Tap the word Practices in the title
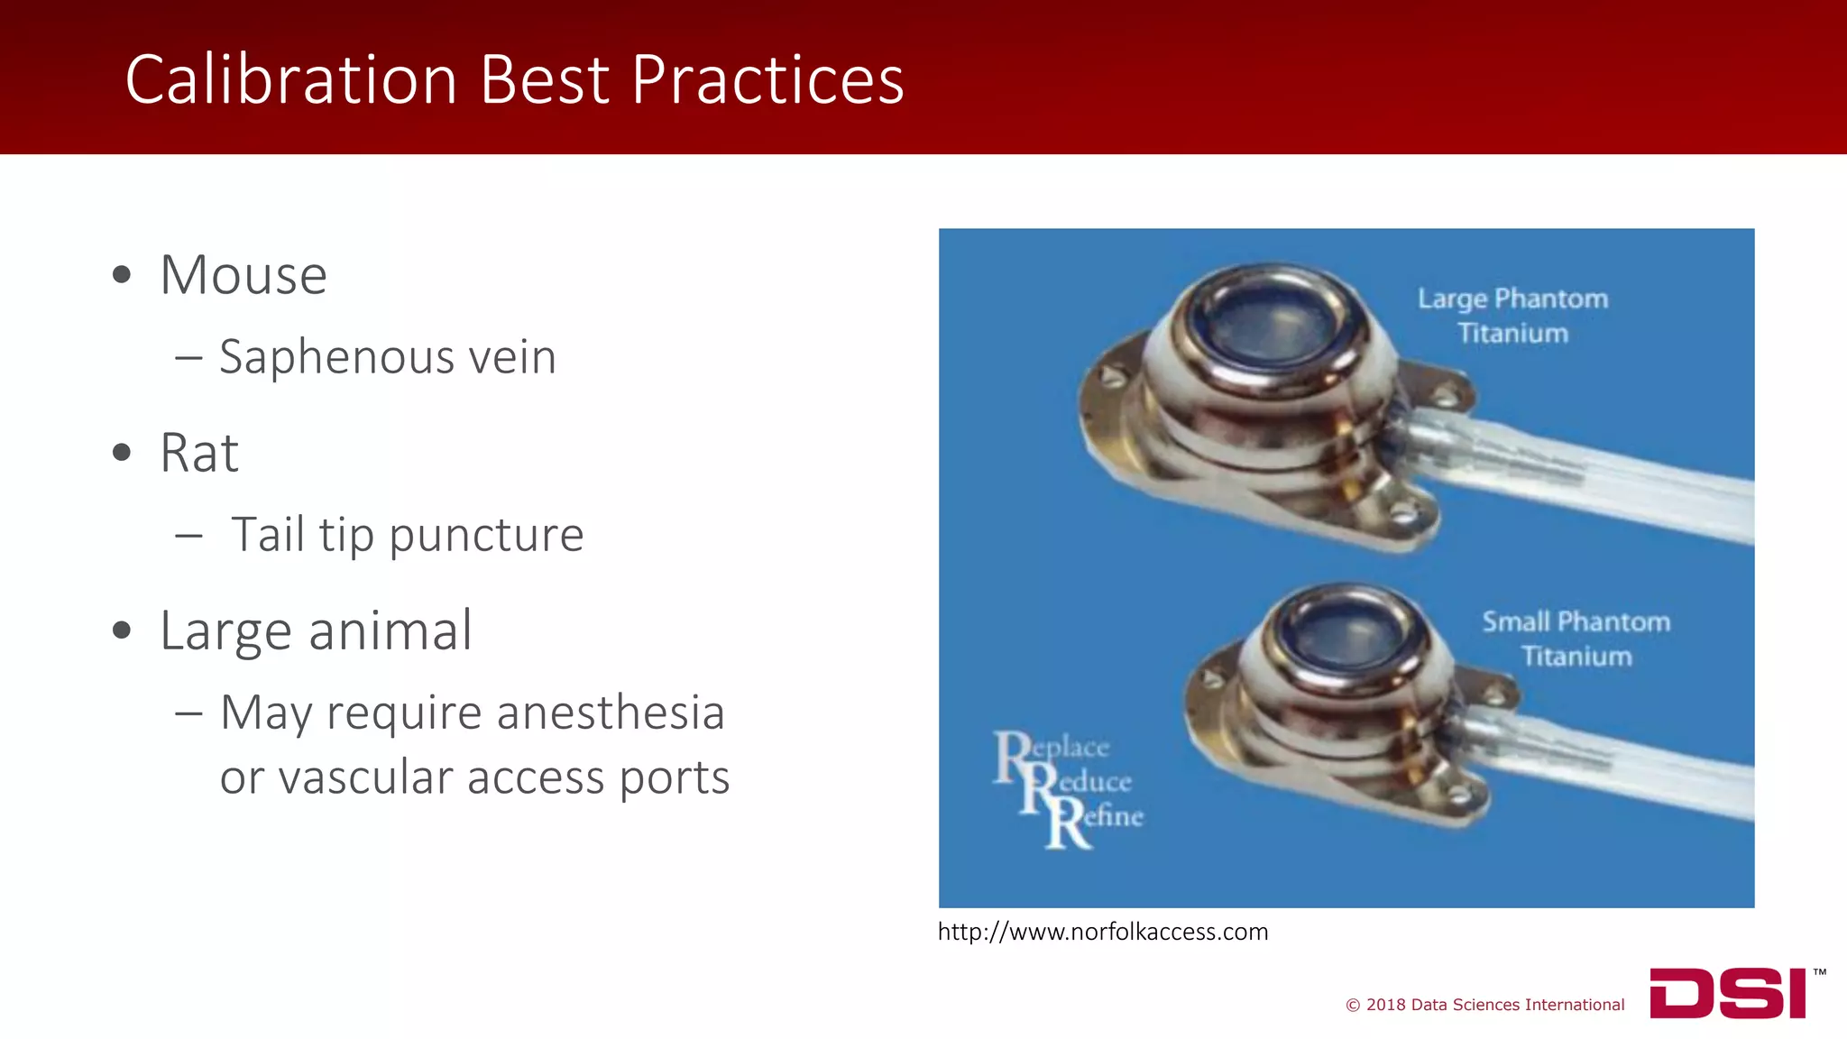(767, 80)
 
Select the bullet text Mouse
(244, 275)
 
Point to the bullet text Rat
(198, 453)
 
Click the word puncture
(487, 536)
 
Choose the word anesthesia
(611, 713)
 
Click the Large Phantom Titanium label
(1512, 316)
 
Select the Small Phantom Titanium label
(1576, 639)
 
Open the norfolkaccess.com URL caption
(1102, 932)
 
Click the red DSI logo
(1728, 993)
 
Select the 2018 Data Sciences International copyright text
(1484, 1005)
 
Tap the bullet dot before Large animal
(122, 630)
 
